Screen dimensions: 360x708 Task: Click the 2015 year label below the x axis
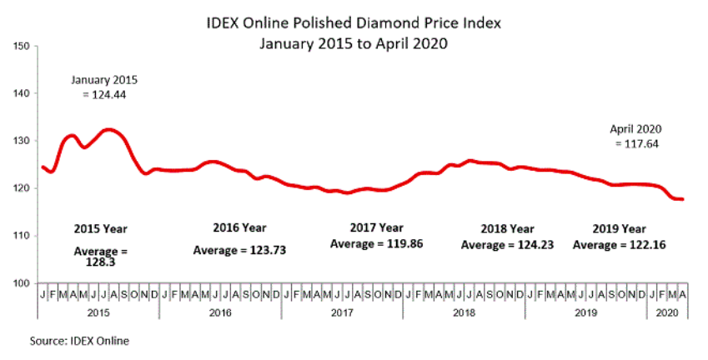[98, 312]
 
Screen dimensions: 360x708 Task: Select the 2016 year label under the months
[220, 312]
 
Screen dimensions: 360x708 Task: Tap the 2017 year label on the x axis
[342, 312]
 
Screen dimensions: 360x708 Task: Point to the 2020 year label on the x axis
[667, 312]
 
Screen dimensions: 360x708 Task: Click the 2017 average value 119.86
[391, 243]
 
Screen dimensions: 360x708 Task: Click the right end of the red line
[682, 199]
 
